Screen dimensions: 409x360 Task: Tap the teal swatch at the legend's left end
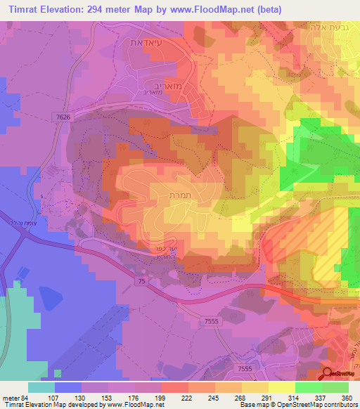41,387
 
